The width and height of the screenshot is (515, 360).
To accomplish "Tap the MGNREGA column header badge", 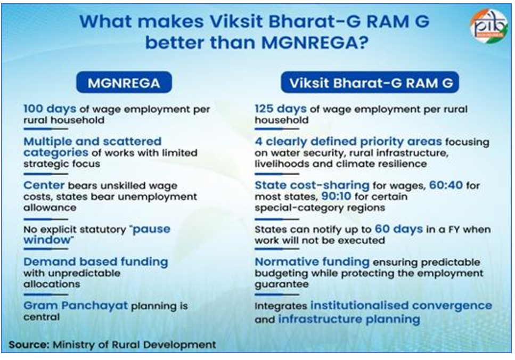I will point(123,83).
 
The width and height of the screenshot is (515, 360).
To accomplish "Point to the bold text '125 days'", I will point(281,109).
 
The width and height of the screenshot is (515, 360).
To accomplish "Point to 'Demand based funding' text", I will point(95,261).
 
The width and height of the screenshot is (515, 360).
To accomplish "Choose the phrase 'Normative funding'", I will point(312,261).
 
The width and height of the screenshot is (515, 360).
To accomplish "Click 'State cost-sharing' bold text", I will point(312,186).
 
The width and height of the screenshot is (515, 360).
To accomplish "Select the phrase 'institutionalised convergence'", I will point(401,306).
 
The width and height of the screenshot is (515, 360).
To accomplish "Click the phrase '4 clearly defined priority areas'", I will point(348,142).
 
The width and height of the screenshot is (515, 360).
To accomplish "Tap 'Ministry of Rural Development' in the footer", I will point(134,345).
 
